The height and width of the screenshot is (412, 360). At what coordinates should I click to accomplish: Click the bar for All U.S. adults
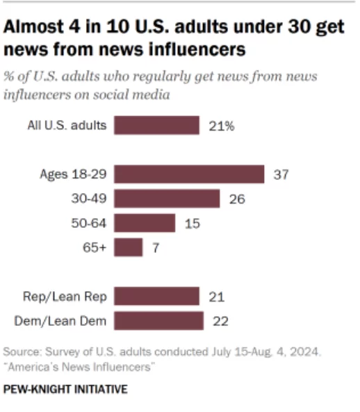156,126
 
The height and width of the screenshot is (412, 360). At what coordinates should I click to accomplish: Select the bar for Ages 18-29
189,174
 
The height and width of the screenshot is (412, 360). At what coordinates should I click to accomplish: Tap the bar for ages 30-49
167,199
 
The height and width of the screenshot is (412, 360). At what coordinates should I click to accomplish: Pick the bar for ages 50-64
145,223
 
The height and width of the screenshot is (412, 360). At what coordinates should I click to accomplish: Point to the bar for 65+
129,247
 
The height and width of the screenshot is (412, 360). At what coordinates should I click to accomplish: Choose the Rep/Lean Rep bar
156,297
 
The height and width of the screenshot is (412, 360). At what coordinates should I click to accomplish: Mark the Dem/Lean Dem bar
158,321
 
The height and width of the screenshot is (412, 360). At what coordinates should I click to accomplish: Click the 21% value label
221,126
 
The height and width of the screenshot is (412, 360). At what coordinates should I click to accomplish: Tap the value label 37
281,174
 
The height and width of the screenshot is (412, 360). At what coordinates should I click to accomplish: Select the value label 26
236,199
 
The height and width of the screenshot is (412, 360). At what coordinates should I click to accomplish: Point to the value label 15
191,223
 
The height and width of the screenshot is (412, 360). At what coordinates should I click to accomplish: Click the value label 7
156,247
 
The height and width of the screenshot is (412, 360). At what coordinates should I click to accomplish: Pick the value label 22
221,321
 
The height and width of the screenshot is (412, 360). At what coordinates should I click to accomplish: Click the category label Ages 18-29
73,174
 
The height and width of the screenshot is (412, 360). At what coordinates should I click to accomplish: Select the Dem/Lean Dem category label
61,321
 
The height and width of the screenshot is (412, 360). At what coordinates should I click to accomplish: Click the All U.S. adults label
67,126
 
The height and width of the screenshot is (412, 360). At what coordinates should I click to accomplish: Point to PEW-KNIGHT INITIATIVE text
66,390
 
